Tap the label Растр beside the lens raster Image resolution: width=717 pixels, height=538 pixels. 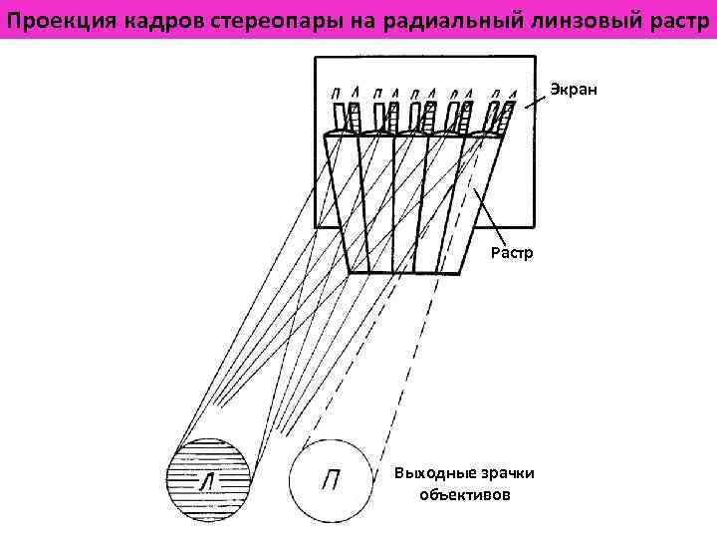[512, 253]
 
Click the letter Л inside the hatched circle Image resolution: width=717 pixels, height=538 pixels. [208, 481]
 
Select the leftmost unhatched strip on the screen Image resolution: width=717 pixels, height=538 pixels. [342, 117]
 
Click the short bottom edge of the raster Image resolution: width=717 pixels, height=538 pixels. [405, 273]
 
